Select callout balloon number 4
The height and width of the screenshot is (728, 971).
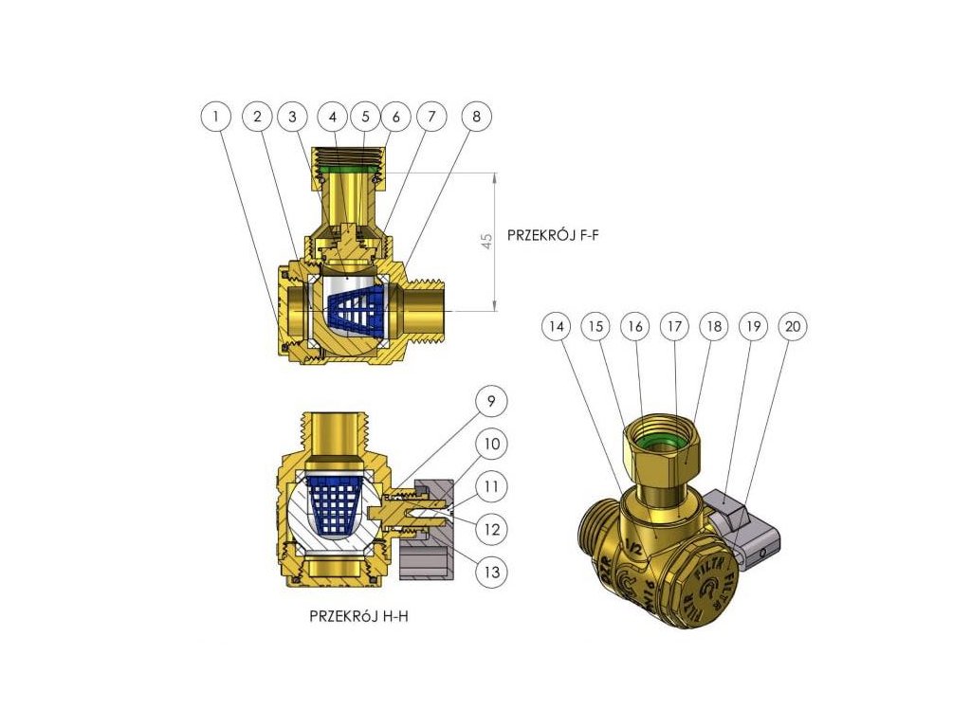(x=333, y=117)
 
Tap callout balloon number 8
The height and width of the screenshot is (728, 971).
(x=477, y=117)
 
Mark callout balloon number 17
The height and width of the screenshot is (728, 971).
(x=676, y=326)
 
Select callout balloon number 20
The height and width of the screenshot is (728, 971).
(x=793, y=326)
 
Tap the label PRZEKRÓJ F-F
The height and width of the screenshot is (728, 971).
(x=553, y=233)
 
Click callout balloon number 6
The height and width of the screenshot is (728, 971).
(x=396, y=117)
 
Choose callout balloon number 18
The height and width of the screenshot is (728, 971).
(x=715, y=326)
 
